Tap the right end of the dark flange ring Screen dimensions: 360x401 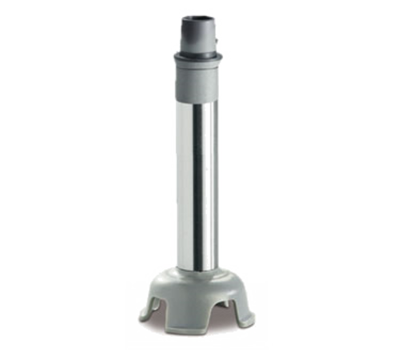221,57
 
